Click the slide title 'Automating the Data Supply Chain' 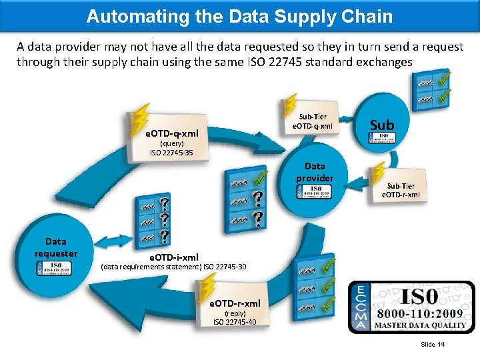(239, 16)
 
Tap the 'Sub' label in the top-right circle (382, 125)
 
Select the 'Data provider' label (315, 172)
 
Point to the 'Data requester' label (56, 247)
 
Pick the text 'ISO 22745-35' (171, 153)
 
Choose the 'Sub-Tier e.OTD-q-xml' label (313, 121)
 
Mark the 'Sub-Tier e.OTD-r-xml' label (401, 190)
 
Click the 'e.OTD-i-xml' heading (174, 257)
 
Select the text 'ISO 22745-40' (235, 322)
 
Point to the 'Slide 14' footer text (433, 344)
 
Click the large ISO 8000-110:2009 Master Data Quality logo (412, 307)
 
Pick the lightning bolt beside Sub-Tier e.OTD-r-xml (379, 173)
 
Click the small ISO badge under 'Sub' (382, 138)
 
